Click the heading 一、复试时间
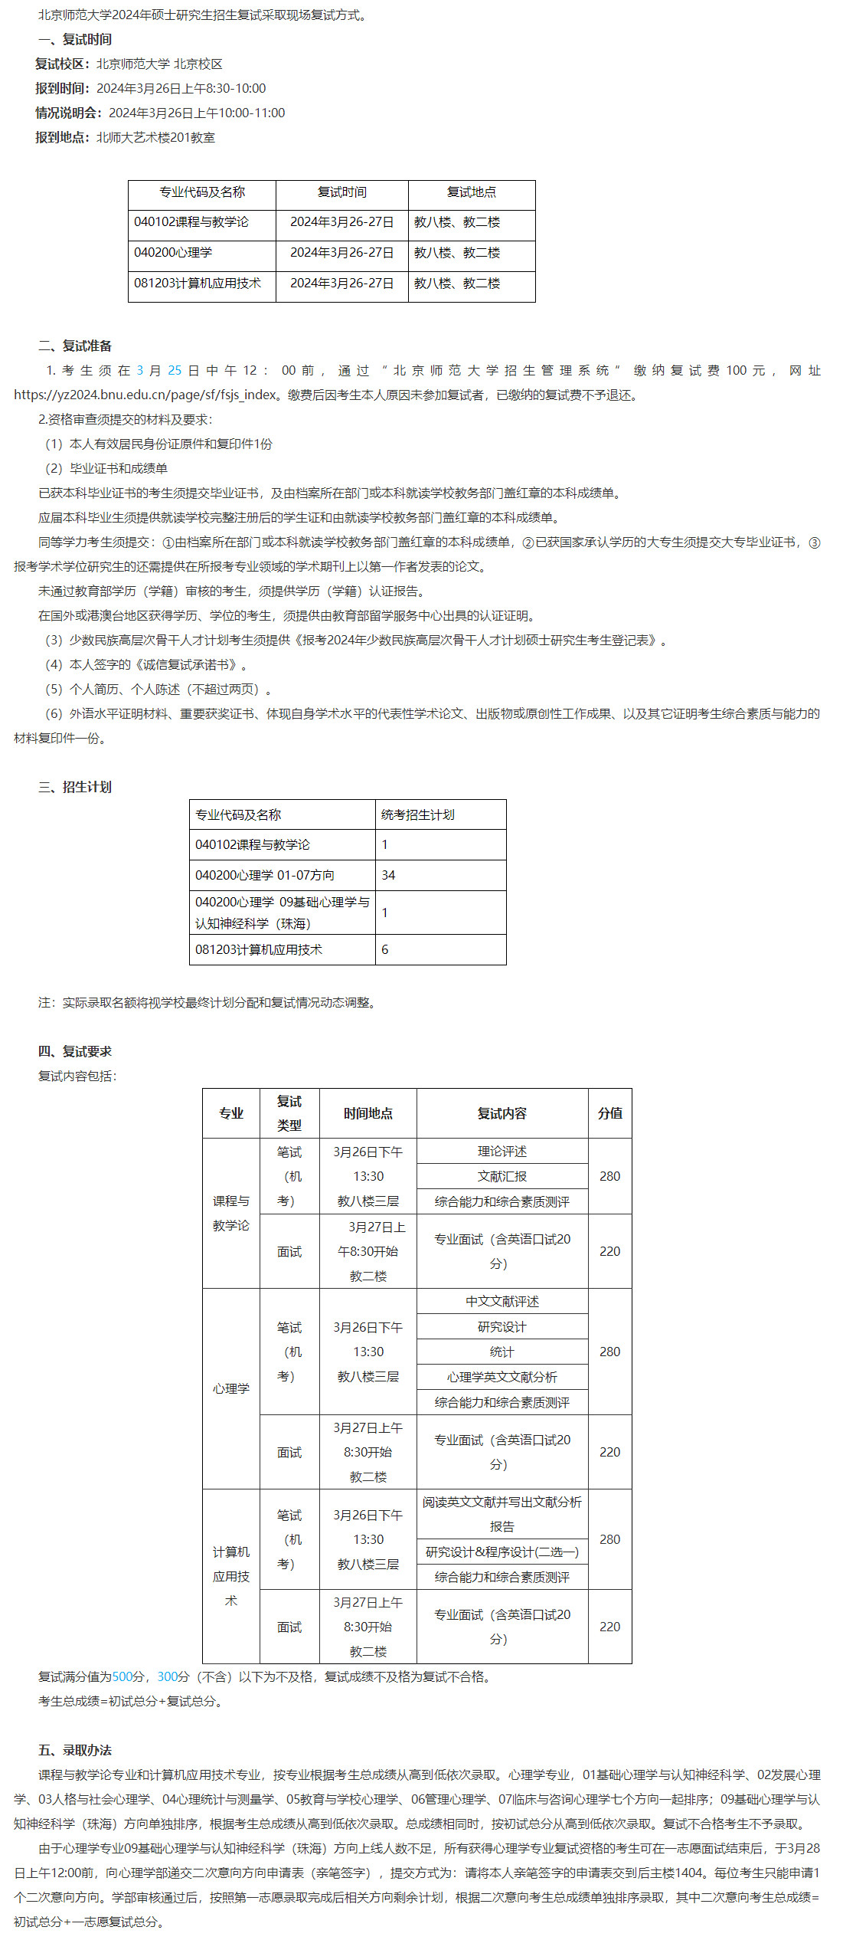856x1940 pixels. pyautogui.click(x=74, y=39)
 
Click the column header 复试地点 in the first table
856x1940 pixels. pyautogui.click(x=472, y=192)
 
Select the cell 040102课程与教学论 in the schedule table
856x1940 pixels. pyautogui.click(x=191, y=222)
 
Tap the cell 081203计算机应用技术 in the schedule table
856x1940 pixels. pyautogui.click(x=198, y=283)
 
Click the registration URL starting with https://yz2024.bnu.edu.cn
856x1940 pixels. pyautogui.click(x=145, y=395)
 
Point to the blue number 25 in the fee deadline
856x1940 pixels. pyautogui.click(x=175, y=371)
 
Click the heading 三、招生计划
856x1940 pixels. pyautogui.click(x=74, y=787)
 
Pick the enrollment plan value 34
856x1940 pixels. pyautogui.click(x=388, y=875)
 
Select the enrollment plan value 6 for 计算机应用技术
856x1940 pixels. pyautogui.click(x=385, y=949)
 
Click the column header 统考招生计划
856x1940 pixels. pyautogui.click(x=417, y=814)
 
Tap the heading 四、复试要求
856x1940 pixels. pyautogui.click(x=74, y=1051)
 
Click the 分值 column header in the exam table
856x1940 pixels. pyautogui.click(x=609, y=1113)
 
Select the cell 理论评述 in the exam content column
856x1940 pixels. pyautogui.click(x=502, y=1151)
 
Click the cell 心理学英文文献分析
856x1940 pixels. pyautogui.click(x=502, y=1377)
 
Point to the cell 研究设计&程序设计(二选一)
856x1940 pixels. pyautogui.click(x=502, y=1552)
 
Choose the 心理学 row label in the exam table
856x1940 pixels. pyautogui.click(x=231, y=1388)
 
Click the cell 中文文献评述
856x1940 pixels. pyautogui.click(x=502, y=1301)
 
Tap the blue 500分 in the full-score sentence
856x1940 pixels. pyautogui.click(x=128, y=1676)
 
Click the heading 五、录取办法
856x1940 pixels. pyautogui.click(x=74, y=1750)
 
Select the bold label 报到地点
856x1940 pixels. pyautogui.click(x=62, y=138)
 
